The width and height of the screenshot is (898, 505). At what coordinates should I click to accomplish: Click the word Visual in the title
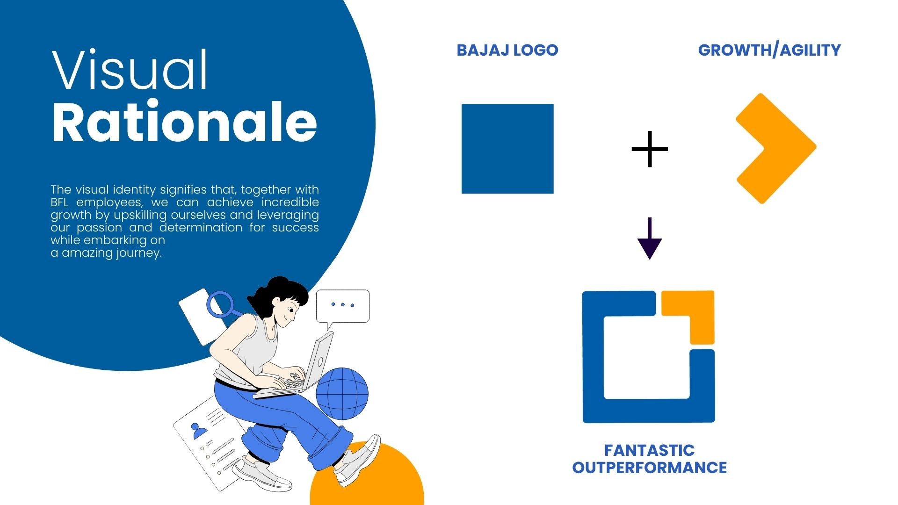click(130, 70)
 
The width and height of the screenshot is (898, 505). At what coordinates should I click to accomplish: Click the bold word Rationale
click(184, 122)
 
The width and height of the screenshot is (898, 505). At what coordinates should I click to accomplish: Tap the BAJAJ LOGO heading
click(507, 50)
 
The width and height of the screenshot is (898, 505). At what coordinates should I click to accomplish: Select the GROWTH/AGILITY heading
click(769, 50)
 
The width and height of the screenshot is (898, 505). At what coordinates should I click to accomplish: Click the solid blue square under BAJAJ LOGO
click(507, 149)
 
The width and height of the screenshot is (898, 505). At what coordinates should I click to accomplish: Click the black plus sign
click(650, 149)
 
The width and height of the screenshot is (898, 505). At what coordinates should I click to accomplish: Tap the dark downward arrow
click(650, 238)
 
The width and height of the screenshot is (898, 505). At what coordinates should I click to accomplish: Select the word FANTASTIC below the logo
click(650, 450)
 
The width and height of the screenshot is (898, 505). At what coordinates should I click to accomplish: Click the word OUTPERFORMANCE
click(650, 468)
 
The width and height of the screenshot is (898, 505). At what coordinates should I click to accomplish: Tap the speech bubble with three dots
click(343, 306)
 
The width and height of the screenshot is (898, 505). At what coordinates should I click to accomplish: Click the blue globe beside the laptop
click(342, 393)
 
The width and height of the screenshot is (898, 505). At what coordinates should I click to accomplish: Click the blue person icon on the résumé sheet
click(200, 430)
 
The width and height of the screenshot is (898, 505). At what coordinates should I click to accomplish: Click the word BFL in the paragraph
click(59, 202)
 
